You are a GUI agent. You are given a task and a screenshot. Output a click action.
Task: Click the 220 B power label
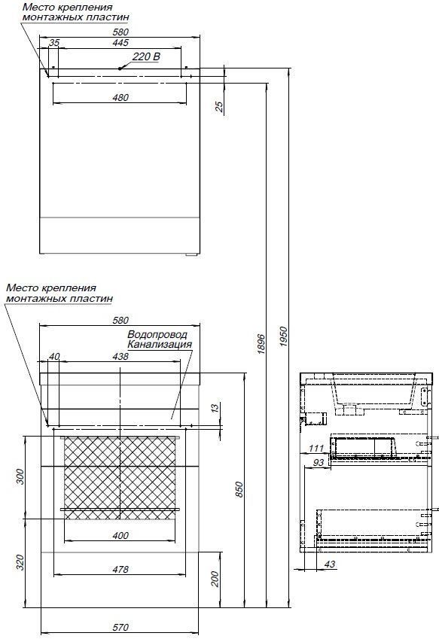click(146, 56)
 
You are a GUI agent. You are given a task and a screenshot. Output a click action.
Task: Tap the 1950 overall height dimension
click(285, 336)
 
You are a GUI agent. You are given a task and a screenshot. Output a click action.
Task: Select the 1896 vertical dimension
click(262, 344)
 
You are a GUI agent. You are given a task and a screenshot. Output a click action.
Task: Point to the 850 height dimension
click(239, 489)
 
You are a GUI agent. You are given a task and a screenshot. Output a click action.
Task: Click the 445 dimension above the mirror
click(120, 42)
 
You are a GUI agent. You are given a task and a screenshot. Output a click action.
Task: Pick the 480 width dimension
click(120, 97)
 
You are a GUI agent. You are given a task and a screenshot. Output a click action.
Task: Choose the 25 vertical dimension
click(219, 107)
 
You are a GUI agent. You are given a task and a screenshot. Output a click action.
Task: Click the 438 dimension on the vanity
click(120, 357)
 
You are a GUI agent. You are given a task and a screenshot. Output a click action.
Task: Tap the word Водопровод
click(157, 335)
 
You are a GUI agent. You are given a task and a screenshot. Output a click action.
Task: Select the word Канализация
click(160, 345)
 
